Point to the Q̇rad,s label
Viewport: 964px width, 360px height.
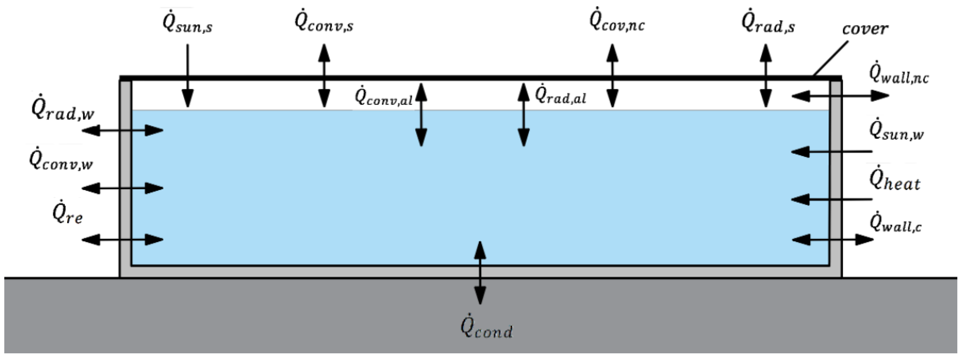tap(768, 23)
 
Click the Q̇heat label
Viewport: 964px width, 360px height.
tap(894, 181)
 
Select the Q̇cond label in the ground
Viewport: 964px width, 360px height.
tap(487, 329)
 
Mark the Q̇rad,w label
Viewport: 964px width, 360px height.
tap(63, 111)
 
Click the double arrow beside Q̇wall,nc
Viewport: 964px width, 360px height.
tap(840, 96)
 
